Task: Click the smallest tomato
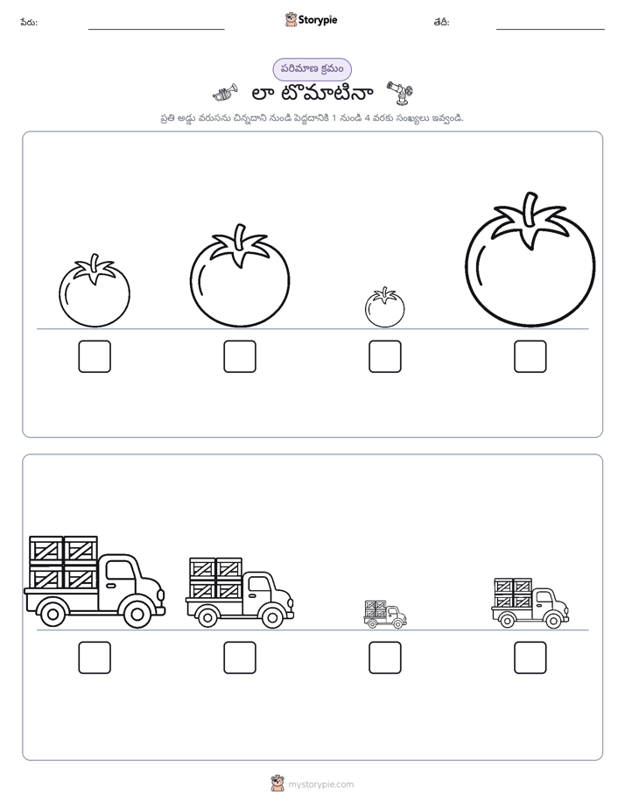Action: pyautogui.click(x=384, y=308)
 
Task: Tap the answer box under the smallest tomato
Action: pyautogui.click(x=384, y=356)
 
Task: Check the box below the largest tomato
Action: pyautogui.click(x=530, y=356)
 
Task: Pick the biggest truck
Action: pyautogui.click(x=95, y=581)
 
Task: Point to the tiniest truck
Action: pyautogui.click(x=385, y=614)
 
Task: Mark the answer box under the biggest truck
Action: pyautogui.click(x=95, y=658)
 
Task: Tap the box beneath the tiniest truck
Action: pyautogui.click(x=384, y=658)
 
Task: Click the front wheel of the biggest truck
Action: pyautogui.click(x=137, y=614)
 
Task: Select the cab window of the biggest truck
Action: pyautogui.click(x=120, y=571)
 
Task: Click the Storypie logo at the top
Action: pyautogui.click(x=311, y=19)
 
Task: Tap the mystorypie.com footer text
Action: pyautogui.click(x=320, y=784)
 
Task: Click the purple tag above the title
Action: pyautogui.click(x=312, y=69)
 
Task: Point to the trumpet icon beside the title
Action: pyautogui.click(x=225, y=94)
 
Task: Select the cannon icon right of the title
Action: pyautogui.click(x=400, y=92)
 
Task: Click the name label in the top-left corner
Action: pyautogui.click(x=29, y=23)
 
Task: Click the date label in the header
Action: pyautogui.click(x=441, y=23)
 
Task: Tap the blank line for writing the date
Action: pyautogui.click(x=551, y=30)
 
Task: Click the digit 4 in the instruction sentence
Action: pyautogui.click(x=367, y=118)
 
